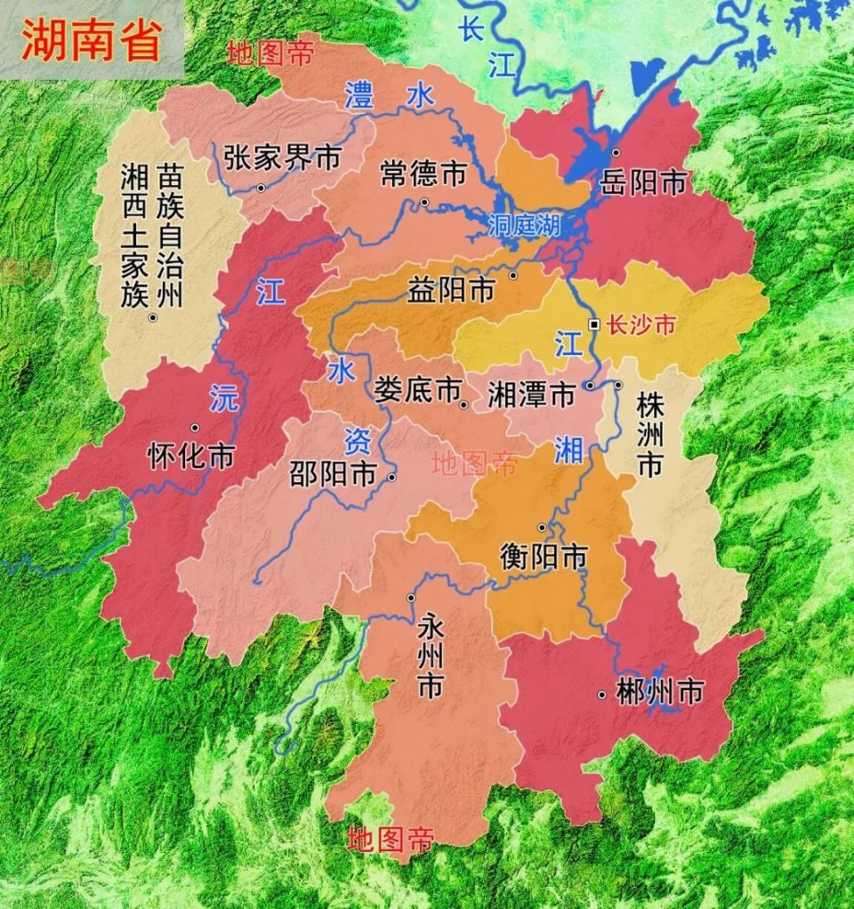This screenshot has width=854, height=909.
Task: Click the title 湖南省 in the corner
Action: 91,41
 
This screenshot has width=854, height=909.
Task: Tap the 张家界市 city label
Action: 282,157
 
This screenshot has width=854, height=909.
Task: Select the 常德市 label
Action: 423,173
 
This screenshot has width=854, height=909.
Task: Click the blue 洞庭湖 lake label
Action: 524,226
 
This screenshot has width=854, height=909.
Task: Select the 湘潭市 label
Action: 532,394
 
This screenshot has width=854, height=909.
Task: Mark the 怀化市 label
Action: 189,456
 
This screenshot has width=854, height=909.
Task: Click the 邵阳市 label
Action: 333,473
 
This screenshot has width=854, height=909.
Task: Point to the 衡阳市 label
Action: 544,557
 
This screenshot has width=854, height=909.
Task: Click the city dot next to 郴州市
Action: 602,694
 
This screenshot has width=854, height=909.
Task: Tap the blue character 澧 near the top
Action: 359,94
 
